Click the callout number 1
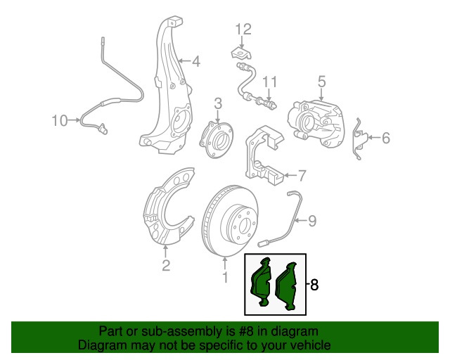pos(226,278)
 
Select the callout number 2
pos(166,265)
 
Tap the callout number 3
pos(218,103)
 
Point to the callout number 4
pos(195,62)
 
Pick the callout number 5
pos(321,83)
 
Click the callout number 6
pos(385,139)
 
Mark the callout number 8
pos(314,285)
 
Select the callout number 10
pos(60,121)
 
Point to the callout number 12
pos(243,29)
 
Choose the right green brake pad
pos(289,285)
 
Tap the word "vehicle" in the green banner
pos(306,346)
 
